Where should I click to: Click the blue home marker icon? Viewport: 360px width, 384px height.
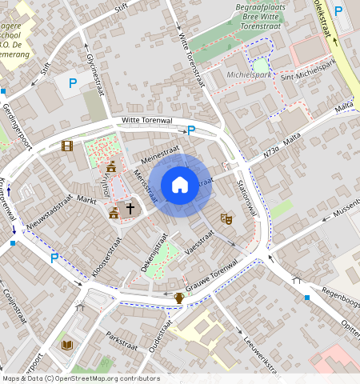tap(180, 185)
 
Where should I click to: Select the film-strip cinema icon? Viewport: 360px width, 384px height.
tap(67, 146)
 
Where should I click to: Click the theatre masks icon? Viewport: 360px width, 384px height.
tap(226, 217)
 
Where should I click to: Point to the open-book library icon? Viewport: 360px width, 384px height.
tap(67, 345)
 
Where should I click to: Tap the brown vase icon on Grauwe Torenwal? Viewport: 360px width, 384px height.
tap(180, 298)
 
